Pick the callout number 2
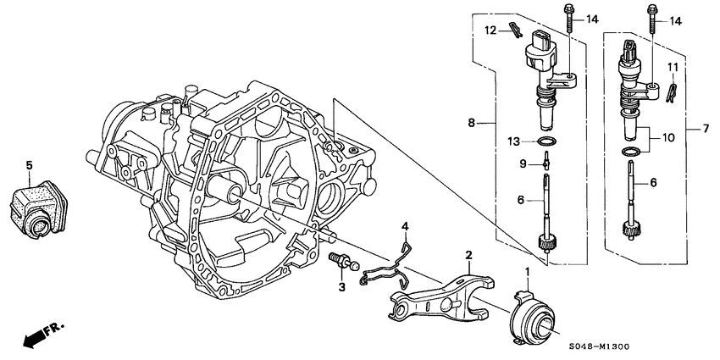467,254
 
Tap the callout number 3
342,288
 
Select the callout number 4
406,226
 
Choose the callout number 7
704,129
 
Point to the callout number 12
489,30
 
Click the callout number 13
512,141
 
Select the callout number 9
523,163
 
